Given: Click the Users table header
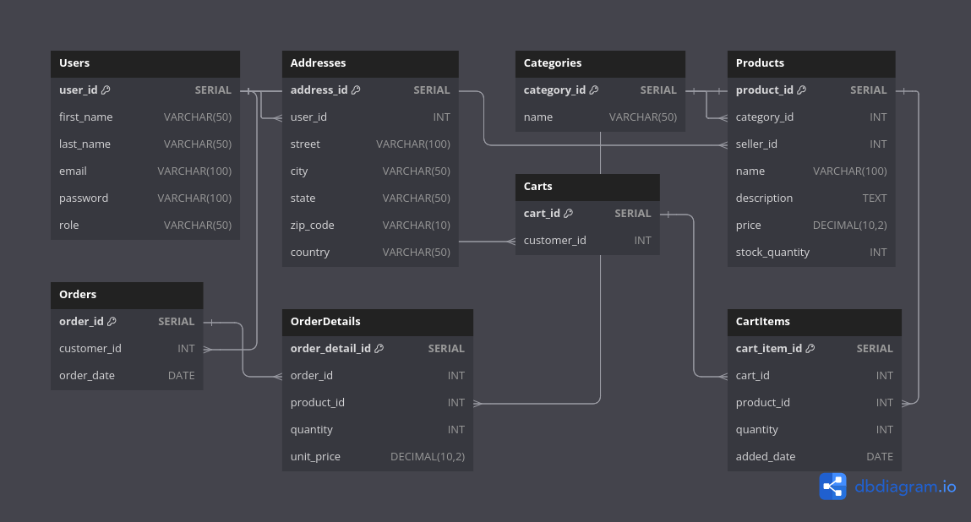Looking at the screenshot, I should pos(74,63).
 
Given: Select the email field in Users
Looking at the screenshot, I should pos(73,171).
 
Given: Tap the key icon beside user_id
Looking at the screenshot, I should pos(106,90).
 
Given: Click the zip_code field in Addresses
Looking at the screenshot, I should pos(313,226).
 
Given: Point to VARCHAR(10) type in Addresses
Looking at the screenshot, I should pos(416,226).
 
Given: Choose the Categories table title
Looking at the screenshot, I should pos(553,63).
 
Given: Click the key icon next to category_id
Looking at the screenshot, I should pos(594,90).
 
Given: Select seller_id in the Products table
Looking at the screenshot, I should pos(756,144).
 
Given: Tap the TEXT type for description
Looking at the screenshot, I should pos(875,198).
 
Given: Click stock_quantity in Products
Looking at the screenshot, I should pos(772,253).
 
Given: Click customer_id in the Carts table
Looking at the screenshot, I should pos(554,241).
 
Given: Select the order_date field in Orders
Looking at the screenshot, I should pos(87,376).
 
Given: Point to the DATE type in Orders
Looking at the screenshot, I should pos(181,376).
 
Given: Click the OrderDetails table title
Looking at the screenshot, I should pos(325,322).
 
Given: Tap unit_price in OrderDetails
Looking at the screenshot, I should pos(315,457).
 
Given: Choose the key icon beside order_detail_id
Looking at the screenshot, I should pos(379,349).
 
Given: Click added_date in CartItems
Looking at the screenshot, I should pos(766,457).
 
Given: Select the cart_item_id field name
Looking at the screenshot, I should pos(769,349).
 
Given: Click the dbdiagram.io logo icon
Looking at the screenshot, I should pos(832,487).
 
